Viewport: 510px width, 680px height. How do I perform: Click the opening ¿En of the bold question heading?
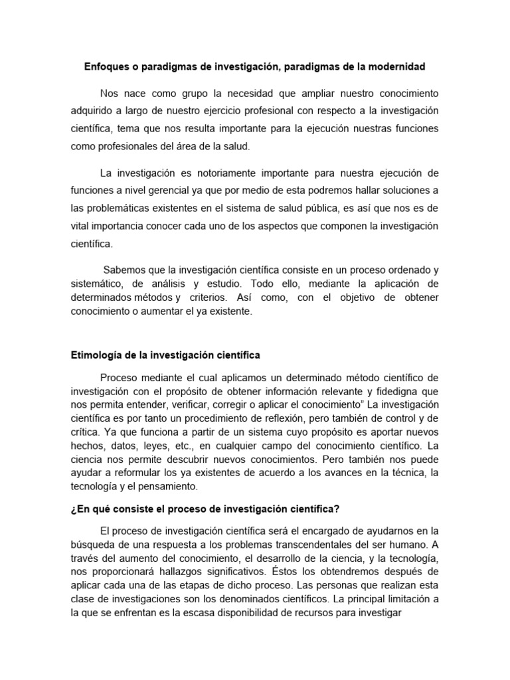pos(79,509)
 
